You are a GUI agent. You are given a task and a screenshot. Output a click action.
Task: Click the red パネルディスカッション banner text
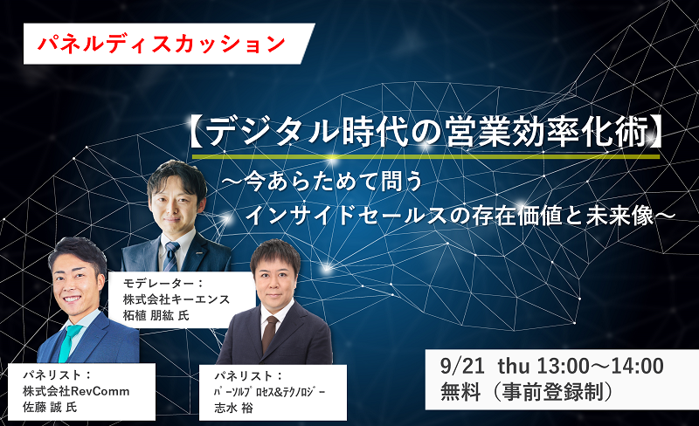point(162,44)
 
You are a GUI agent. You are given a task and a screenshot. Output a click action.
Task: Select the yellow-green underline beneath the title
point(426,157)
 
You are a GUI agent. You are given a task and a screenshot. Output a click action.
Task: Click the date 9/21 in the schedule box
point(462,367)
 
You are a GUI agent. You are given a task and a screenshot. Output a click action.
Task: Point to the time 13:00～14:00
point(600,367)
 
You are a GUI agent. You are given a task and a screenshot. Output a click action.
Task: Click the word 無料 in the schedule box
point(460,392)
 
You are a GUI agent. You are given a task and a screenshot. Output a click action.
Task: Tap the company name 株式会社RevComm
point(76,391)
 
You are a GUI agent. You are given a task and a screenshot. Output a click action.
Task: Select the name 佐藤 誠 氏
point(50,408)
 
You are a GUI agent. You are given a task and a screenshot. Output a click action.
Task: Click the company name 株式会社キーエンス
point(176,299)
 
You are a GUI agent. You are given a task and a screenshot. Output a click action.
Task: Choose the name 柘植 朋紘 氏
point(156,315)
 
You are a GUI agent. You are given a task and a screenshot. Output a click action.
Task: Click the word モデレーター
point(159,283)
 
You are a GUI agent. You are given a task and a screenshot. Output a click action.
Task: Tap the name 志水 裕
point(233,409)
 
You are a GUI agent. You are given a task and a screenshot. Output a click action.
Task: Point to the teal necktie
point(68,342)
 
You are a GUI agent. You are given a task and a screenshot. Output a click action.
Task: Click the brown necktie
point(269,333)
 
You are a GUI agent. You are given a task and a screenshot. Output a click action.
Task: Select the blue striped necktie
point(170,257)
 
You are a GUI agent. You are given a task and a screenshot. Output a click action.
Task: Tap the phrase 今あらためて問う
point(334,182)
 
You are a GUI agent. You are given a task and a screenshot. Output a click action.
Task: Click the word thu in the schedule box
point(514,367)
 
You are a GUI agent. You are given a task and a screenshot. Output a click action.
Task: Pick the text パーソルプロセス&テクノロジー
point(270,392)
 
